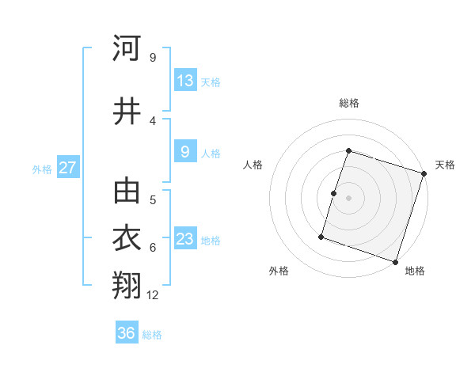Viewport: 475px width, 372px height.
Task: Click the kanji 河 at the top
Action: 127,49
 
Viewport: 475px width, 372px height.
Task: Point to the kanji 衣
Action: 127,239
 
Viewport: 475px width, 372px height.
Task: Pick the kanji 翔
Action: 127,287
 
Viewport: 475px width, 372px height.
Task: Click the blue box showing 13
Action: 185,80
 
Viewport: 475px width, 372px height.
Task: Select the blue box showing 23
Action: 185,238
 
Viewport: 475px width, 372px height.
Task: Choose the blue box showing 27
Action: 67,167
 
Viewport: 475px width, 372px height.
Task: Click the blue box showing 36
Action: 127,333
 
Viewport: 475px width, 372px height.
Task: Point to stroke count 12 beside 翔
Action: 153,295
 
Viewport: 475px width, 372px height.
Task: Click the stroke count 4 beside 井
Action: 153,120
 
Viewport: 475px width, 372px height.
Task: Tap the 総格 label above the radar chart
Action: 349,103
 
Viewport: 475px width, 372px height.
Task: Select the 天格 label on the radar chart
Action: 445,165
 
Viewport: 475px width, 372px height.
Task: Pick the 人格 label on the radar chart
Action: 253,165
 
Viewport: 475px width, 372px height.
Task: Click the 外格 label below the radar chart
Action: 279,271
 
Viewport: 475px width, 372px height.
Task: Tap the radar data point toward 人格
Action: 334,193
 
